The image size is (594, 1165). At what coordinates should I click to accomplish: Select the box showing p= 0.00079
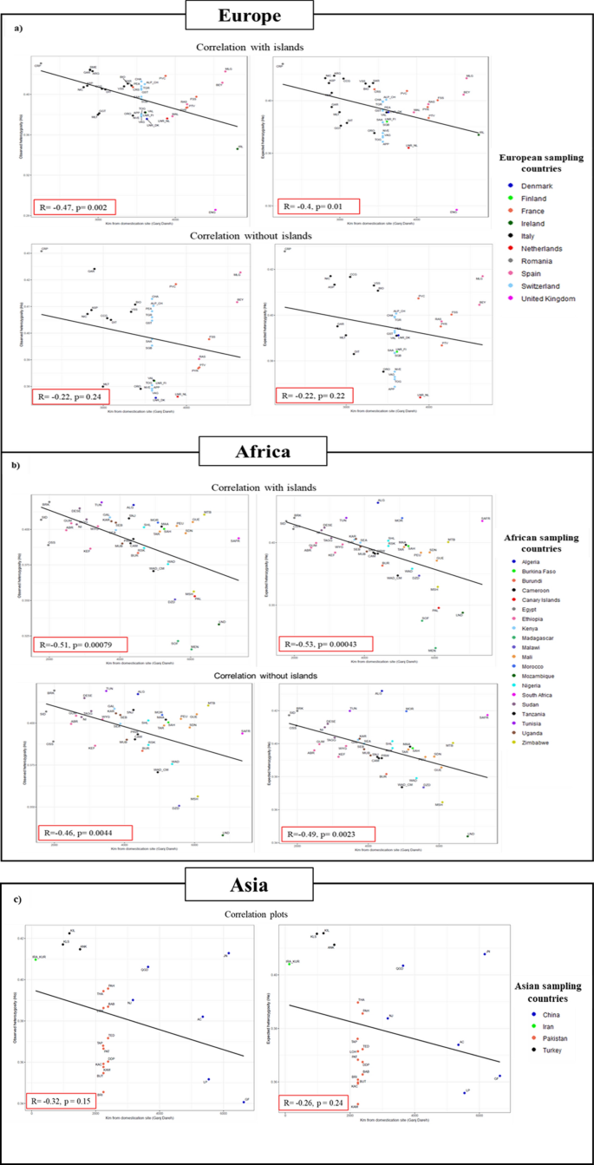82,645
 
